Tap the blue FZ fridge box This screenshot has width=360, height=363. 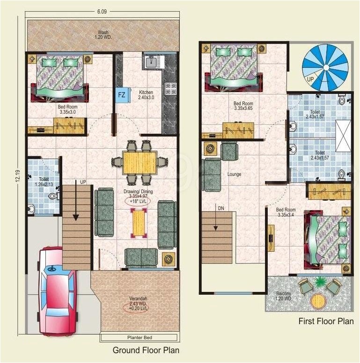pos(121,95)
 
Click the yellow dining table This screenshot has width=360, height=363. pos(139,162)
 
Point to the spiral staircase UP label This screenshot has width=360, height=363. pos(310,80)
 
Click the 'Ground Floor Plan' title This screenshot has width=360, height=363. pos(146,350)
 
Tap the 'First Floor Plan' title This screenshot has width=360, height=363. pos(326,321)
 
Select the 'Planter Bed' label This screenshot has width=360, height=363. pos(139,337)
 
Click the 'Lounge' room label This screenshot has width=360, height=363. pos(234,174)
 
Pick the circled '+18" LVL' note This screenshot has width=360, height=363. pos(139,201)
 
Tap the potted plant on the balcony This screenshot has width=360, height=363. pos(321,282)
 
